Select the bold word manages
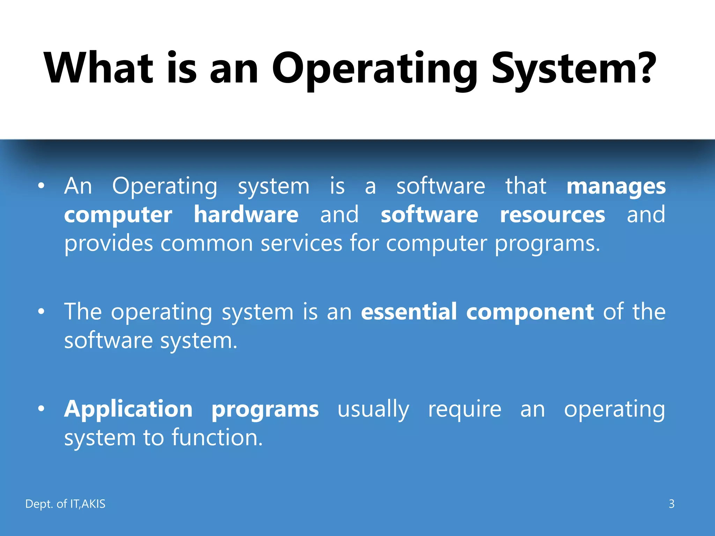click(x=616, y=187)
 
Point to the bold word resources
click(x=552, y=215)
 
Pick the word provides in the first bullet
click(x=109, y=244)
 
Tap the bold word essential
click(x=409, y=311)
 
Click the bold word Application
click(x=128, y=410)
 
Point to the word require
click(x=465, y=410)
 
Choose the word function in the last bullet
click(x=216, y=438)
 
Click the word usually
click(x=373, y=410)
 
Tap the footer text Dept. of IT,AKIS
click(x=65, y=504)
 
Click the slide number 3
click(x=671, y=504)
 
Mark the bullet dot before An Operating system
click(x=42, y=186)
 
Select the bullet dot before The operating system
click(x=42, y=311)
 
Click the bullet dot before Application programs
click(x=42, y=409)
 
